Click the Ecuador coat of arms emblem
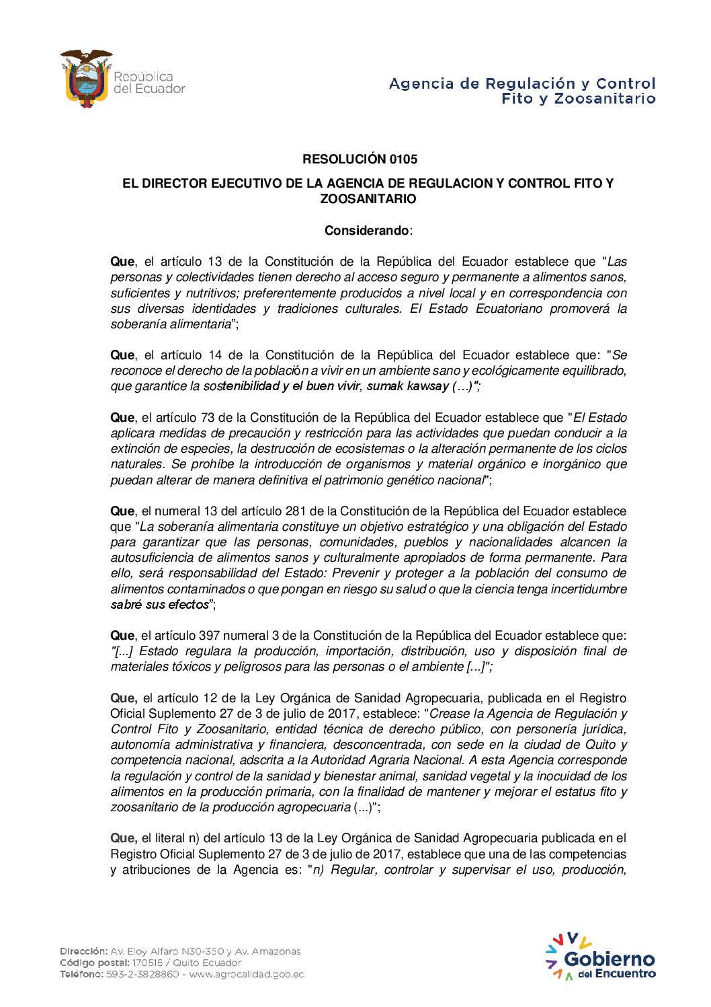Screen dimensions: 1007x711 (x=86, y=79)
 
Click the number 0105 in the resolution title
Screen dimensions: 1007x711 (x=403, y=159)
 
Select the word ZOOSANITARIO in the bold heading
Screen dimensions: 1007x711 (x=368, y=199)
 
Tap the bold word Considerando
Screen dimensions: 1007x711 (x=366, y=231)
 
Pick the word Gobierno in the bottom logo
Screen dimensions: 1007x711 (x=609, y=959)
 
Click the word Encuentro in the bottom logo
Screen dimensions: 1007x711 (x=625, y=973)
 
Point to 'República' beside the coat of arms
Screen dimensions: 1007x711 (x=143, y=77)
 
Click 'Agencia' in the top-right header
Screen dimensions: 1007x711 (x=421, y=84)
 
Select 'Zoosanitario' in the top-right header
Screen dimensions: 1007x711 (x=605, y=99)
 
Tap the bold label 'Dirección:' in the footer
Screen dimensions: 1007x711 (x=83, y=951)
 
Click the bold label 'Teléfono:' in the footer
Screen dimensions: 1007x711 (x=81, y=974)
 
